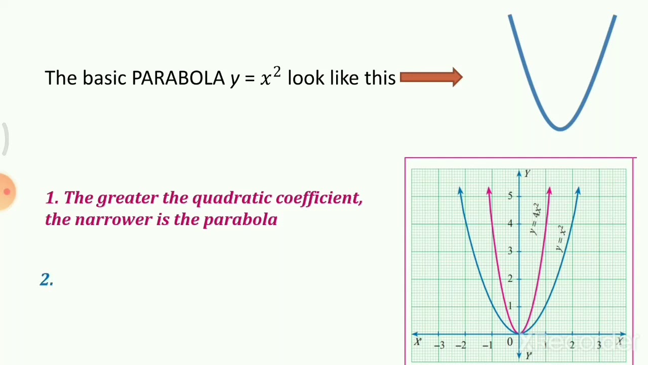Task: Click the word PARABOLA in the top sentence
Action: pyautogui.click(x=178, y=78)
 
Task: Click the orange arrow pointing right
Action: pyautogui.click(x=431, y=78)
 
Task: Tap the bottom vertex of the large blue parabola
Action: pyautogui.click(x=561, y=128)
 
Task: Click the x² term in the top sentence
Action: pyautogui.click(x=270, y=77)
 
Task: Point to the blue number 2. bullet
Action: pyautogui.click(x=47, y=279)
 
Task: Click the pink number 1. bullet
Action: pyautogui.click(x=52, y=198)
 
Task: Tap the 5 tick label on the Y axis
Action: pyautogui.click(x=510, y=196)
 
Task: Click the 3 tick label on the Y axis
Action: pyautogui.click(x=510, y=251)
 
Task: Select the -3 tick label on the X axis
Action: pyautogui.click(x=439, y=345)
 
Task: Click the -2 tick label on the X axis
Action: pyautogui.click(x=461, y=345)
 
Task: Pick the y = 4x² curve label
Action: pyautogui.click(x=535, y=219)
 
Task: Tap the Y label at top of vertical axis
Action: pyautogui.click(x=527, y=174)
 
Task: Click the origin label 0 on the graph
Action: pyautogui.click(x=510, y=343)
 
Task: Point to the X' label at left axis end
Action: pyautogui.click(x=418, y=342)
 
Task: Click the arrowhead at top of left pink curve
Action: pyautogui.click(x=489, y=191)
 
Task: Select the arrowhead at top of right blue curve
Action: pyautogui.click(x=578, y=191)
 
